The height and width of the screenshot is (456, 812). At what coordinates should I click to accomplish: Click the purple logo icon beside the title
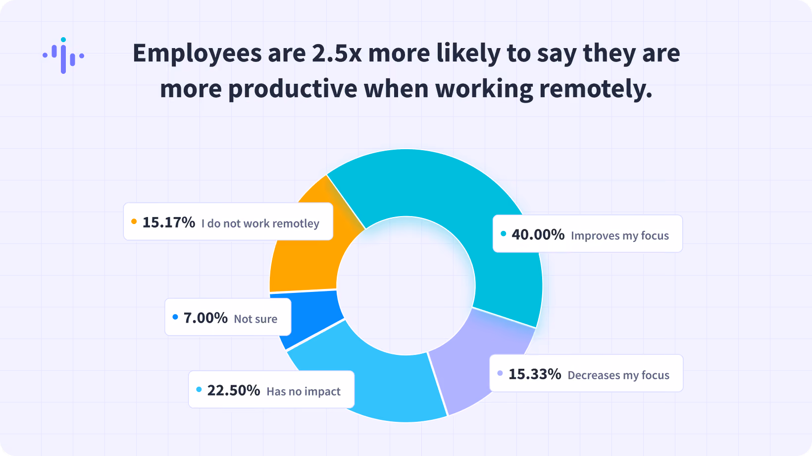[x=63, y=56]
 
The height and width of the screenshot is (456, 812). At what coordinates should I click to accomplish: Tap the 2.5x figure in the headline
[x=337, y=53]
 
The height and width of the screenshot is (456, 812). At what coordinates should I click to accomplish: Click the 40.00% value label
[x=538, y=235]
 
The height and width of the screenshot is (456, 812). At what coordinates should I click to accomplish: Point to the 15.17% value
[x=168, y=223]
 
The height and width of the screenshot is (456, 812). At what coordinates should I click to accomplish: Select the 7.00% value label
[x=205, y=318]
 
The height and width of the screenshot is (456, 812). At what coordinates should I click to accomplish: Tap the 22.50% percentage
[x=234, y=391]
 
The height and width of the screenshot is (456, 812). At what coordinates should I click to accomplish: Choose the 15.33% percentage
[x=535, y=374]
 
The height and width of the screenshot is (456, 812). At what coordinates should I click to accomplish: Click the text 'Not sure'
[x=255, y=319]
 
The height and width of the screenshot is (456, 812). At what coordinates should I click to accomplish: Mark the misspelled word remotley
[x=296, y=224]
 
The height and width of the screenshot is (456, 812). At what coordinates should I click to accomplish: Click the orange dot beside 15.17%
[x=134, y=221]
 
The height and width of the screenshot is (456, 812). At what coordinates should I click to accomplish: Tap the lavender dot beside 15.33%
[x=500, y=373]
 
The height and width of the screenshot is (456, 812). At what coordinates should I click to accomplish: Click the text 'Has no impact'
[x=304, y=392]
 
